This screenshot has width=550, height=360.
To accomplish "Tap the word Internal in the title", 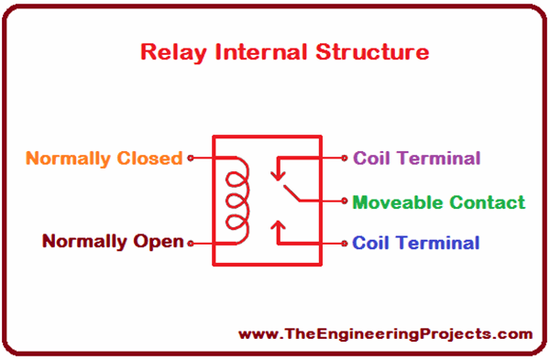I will [254, 51].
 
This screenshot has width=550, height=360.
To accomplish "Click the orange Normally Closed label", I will [104, 158].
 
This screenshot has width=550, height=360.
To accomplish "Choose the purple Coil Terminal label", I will [416, 158].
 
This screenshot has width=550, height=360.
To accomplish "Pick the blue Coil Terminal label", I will [415, 243].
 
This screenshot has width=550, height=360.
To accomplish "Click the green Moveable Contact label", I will [438, 202].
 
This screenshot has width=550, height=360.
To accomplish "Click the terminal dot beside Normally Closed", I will [191, 158].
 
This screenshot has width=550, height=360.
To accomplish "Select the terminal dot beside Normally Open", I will [191, 243].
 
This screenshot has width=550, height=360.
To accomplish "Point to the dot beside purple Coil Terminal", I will [345, 158].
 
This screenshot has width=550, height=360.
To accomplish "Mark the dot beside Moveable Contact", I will [345, 202].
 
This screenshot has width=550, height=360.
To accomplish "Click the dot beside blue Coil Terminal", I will [345, 243].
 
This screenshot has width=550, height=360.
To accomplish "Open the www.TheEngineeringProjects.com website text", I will [384, 334].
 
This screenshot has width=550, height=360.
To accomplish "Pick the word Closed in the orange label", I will [150, 158].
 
